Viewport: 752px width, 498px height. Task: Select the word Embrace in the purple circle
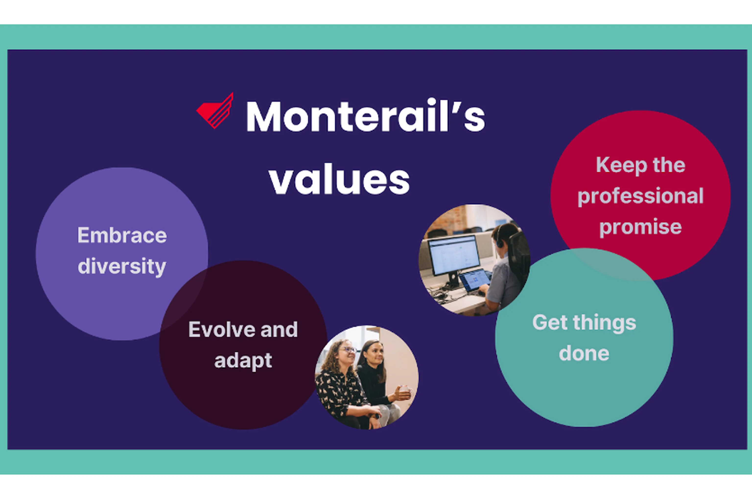pyautogui.click(x=122, y=236)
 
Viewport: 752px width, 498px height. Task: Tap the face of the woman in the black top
pyautogui.click(x=376, y=353)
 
